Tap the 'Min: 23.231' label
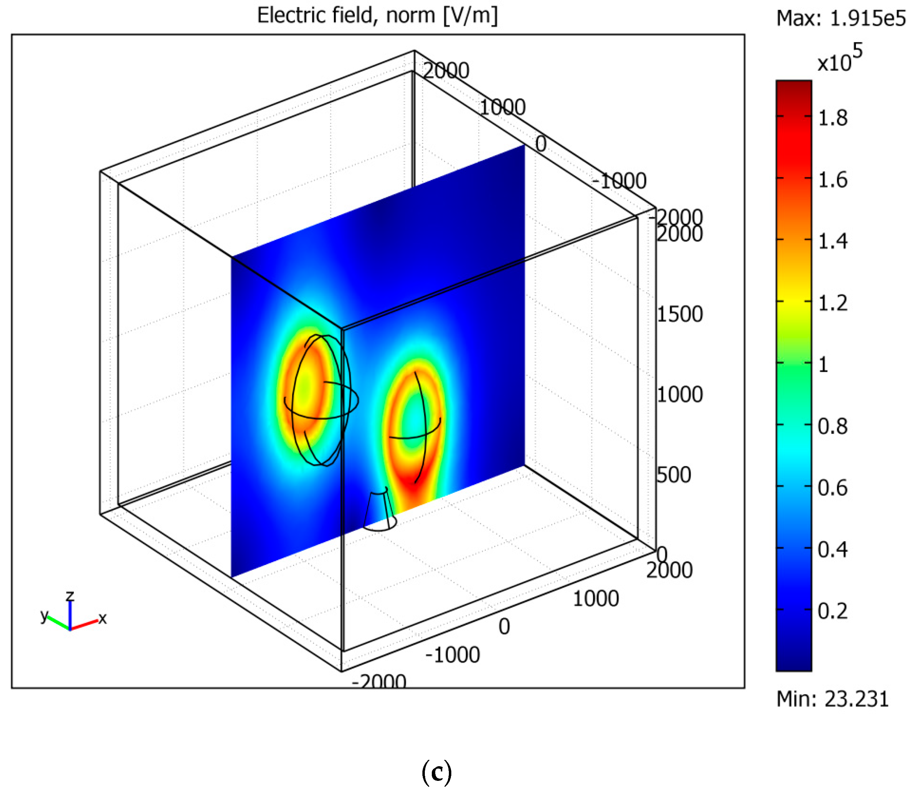pyautogui.click(x=833, y=699)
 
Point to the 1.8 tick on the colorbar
pyautogui.click(x=833, y=118)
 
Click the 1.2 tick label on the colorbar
pyautogui.click(x=833, y=303)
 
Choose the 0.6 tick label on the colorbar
pyautogui.click(x=833, y=488)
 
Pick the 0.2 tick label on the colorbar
pyautogui.click(x=833, y=611)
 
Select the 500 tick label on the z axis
pyautogui.click(x=673, y=475)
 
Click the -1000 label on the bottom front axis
pyautogui.click(x=452, y=655)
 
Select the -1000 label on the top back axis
pyautogui.click(x=619, y=181)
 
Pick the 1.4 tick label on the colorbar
pyautogui.click(x=833, y=241)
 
